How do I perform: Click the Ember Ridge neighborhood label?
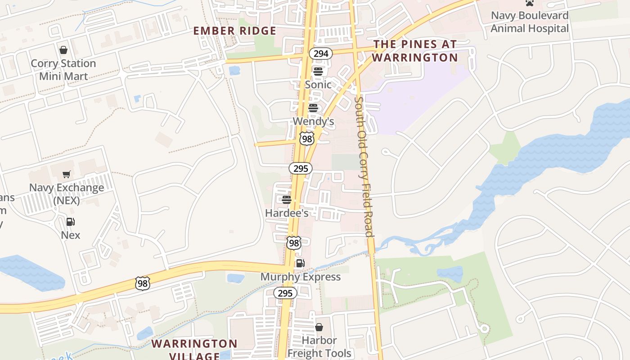(x=234, y=31)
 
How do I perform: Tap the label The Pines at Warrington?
(x=414, y=51)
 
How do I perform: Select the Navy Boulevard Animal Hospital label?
(x=530, y=22)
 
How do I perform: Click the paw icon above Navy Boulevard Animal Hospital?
(x=530, y=3)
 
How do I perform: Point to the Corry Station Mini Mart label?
(x=63, y=70)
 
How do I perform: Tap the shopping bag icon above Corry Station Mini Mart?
(x=63, y=49)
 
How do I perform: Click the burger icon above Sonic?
(x=318, y=72)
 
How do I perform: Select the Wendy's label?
(x=313, y=121)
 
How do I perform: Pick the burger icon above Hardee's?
(x=286, y=199)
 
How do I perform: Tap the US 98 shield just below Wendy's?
(x=306, y=139)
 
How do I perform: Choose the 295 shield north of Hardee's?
(x=300, y=169)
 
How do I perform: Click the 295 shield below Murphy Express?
(x=285, y=293)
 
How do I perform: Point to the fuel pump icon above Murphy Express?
(x=300, y=263)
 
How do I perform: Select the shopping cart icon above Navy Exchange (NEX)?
(x=67, y=174)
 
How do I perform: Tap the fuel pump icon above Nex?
(x=70, y=222)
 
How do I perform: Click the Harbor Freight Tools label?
(x=319, y=347)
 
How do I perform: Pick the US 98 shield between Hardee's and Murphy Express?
(x=293, y=243)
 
